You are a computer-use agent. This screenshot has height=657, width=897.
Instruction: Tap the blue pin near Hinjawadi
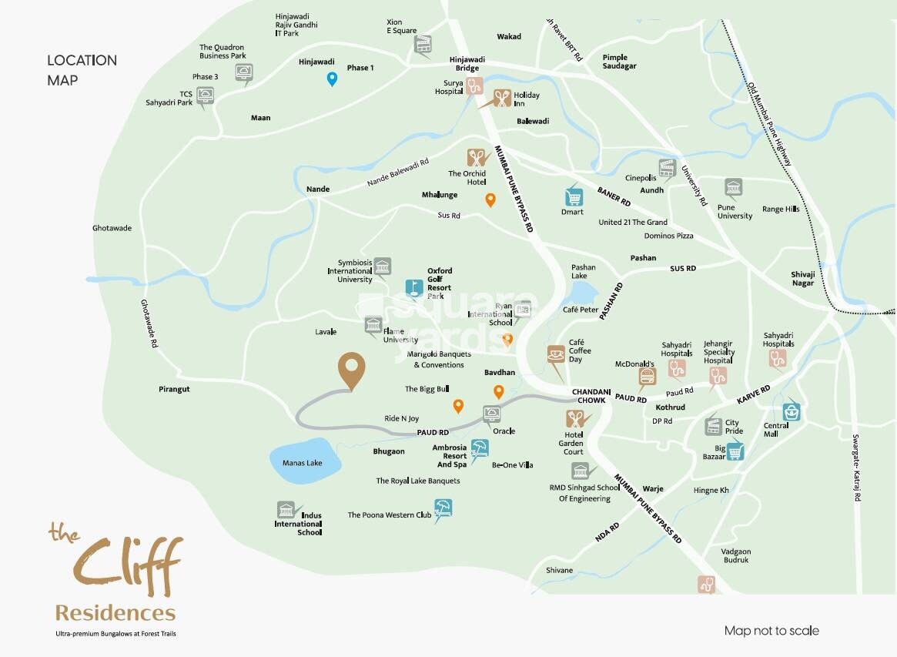tap(333, 79)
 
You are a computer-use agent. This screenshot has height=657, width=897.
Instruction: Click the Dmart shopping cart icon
tap(572, 195)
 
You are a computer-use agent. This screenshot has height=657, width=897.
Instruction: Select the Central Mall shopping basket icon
tap(792, 412)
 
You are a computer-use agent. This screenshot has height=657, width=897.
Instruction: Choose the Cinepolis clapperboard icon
tap(667, 168)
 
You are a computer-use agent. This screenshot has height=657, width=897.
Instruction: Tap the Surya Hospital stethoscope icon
tap(473, 86)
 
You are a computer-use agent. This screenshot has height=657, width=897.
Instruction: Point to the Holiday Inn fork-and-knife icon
tap(501, 98)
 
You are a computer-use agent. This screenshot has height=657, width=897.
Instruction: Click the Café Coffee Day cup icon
tap(556, 354)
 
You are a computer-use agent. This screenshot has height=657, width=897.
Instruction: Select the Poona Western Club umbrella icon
tap(443, 508)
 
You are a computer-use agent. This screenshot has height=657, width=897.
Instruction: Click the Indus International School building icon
tap(286, 510)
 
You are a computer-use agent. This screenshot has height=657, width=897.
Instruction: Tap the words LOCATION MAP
tap(82, 69)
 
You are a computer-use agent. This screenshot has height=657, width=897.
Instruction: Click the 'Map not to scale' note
tap(771, 631)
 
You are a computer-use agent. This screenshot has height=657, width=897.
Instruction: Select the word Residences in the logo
tap(115, 613)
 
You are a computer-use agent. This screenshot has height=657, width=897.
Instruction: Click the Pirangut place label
tap(174, 389)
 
